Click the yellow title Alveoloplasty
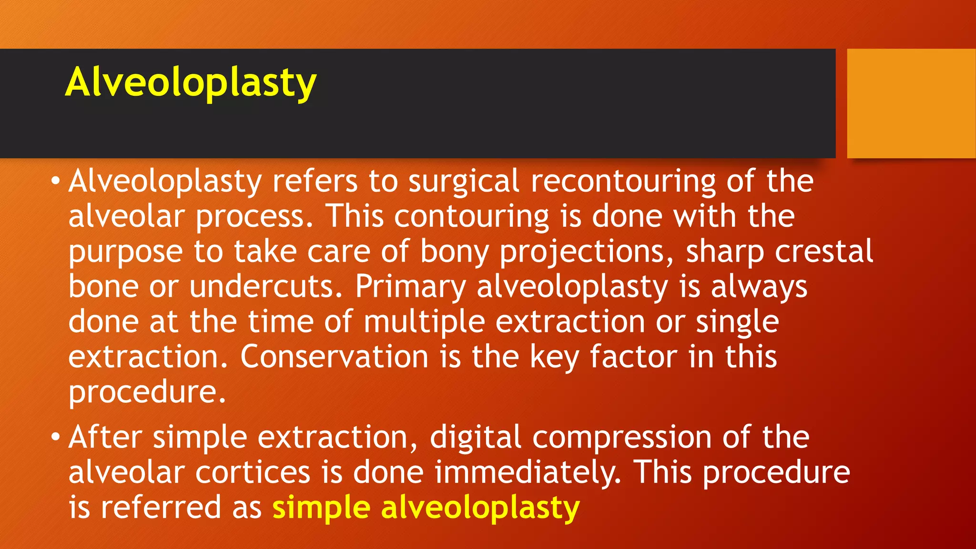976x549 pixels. [191, 82]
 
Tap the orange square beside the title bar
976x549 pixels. [911, 103]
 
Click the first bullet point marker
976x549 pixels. [56, 182]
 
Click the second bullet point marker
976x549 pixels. [56, 437]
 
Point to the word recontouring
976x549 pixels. [623, 182]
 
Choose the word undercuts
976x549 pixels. [265, 286]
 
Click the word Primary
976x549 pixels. [410, 287]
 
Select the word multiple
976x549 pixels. [424, 322]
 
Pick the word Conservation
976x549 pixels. [334, 356]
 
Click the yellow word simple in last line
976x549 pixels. [321, 508]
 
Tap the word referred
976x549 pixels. [161, 507]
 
